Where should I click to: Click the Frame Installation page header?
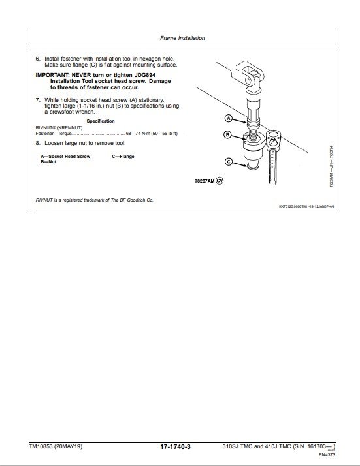click(182, 38)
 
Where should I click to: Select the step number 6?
click(37, 58)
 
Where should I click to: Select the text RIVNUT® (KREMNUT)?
click(57, 127)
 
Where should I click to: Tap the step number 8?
click(37, 142)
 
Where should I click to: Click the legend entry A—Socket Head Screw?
click(65, 157)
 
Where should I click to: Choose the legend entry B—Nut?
click(48, 162)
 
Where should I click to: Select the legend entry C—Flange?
click(123, 157)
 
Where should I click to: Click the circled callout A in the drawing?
click(229, 119)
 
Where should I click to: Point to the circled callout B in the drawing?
click(229, 135)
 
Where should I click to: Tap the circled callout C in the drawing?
click(229, 162)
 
